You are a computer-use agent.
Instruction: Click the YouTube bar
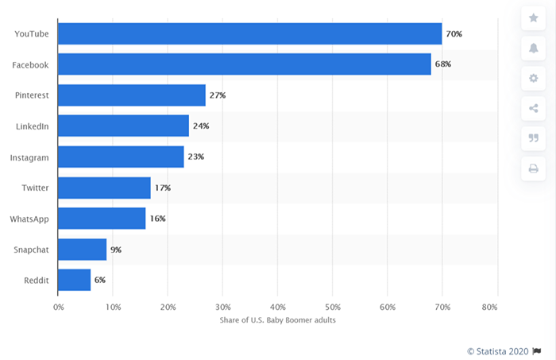[249, 33]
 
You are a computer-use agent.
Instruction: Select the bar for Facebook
[244, 64]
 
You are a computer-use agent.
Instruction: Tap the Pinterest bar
[132, 95]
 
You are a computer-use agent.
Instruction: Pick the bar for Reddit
[74, 280]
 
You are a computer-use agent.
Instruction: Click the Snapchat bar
[82, 250]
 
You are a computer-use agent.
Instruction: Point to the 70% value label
[454, 34]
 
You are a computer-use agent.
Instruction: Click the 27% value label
[218, 95]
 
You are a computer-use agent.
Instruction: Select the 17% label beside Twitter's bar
[162, 188]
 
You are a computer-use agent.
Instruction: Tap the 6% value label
[99, 280]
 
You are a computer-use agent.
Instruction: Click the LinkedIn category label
[33, 126]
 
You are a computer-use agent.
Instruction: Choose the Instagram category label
[29, 157]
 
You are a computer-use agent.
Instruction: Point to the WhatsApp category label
[31, 219]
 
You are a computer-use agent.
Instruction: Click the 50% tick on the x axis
[332, 307]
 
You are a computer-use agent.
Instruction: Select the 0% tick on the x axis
[58, 307]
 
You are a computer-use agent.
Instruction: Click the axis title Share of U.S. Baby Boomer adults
[277, 320]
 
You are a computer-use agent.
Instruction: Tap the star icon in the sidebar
[533, 17]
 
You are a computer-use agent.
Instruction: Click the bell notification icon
[533, 48]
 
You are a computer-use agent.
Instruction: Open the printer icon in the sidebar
[533, 168]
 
